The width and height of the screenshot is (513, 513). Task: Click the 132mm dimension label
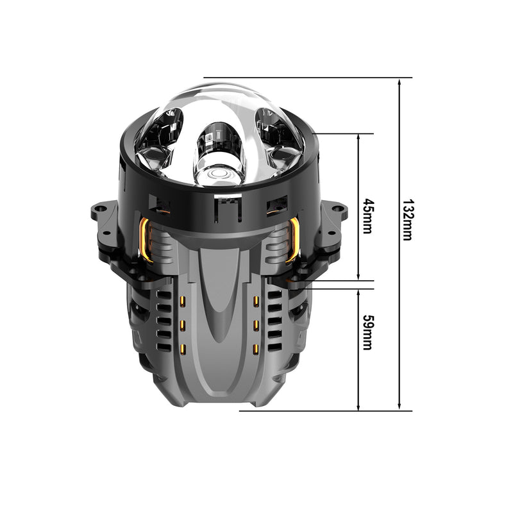(407, 219)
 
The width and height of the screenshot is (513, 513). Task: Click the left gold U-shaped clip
(145, 240)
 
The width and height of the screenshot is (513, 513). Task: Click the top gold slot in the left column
(183, 301)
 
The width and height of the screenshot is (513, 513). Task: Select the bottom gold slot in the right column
(256, 349)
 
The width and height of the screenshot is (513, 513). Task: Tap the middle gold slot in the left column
(183, 325)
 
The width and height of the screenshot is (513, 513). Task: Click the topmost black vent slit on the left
(164, 296)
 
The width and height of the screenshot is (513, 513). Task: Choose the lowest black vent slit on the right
(274, 348)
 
